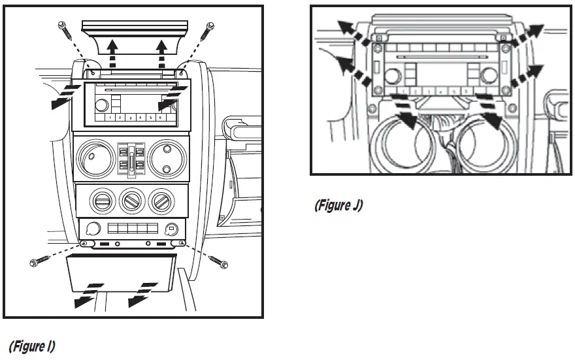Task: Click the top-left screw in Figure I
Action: coord(61,27)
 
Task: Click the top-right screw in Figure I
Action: coord(210,27)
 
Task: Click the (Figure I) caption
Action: coord(31,346)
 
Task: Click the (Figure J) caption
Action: coord(338,205)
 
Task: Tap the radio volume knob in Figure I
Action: coord(101,105)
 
